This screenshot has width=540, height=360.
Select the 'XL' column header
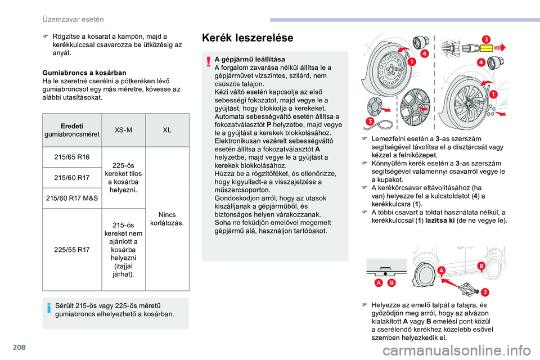(x=167, y=129)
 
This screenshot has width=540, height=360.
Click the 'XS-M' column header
(x=123, y=129)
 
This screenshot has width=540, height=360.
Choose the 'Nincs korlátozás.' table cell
(x=167, y=219)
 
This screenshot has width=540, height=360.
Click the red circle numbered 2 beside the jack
(x=484, y=291)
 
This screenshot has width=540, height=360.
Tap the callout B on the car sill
(x=481, y=265)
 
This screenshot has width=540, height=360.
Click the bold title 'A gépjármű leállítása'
(x=254, y=59)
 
